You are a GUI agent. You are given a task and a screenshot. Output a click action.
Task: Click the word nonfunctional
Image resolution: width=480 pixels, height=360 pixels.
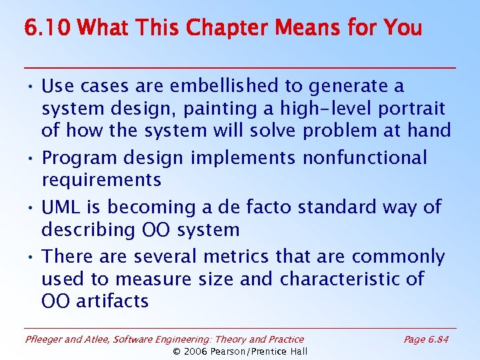[365, 158]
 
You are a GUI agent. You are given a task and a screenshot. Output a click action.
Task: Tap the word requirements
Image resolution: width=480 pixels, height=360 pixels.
[101, 180]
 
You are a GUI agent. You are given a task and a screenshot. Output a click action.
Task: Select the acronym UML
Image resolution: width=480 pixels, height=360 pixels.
[61, 207]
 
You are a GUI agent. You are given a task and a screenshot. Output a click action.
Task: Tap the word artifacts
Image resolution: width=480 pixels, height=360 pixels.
[113, 301]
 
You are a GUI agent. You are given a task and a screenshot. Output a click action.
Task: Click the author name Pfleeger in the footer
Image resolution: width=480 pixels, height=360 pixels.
[44, 339]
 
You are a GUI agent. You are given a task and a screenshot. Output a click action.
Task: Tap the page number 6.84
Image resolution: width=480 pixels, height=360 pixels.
[438, 339]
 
